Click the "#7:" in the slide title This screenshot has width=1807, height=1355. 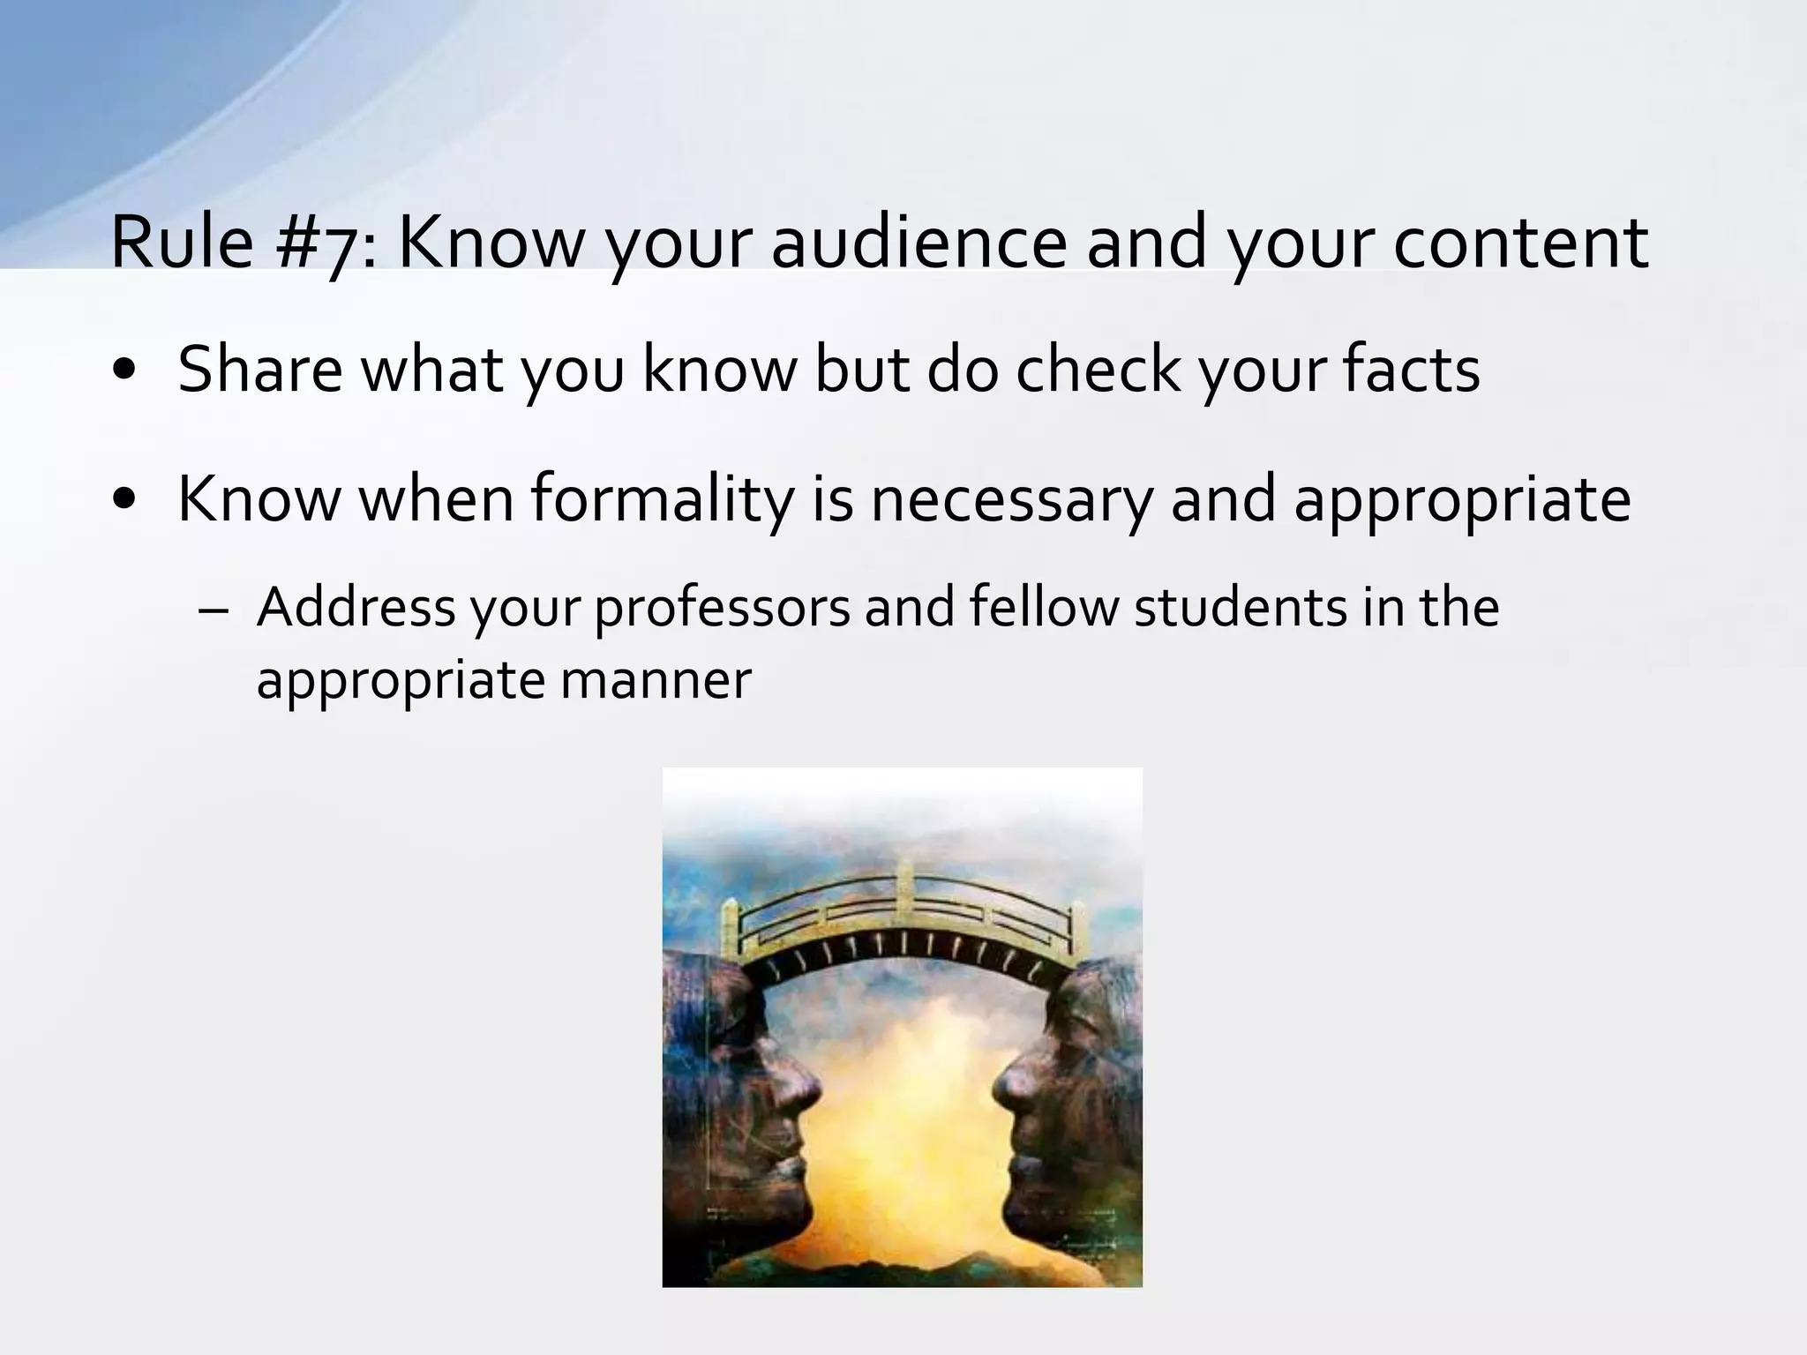point(323,243)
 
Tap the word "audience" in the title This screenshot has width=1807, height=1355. point(918,243)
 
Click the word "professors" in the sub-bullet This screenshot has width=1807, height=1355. point(723,609)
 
